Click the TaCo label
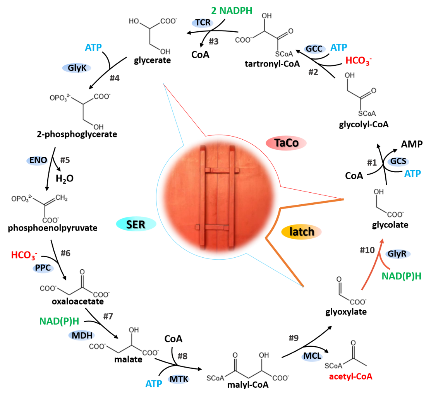[286, 143]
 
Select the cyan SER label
[136, 224]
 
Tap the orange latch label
[302, 232]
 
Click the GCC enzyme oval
[314, 49]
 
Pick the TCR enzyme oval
[203, 23]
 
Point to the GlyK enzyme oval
[77, 68]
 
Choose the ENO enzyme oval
[38, 160]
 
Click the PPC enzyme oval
[43, 268]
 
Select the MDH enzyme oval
[82, 335]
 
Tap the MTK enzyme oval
[179, 379]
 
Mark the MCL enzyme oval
[312, 356]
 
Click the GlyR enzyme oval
[398, 254]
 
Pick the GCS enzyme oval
[398, 161]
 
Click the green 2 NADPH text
[232, 11]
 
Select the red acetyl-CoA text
[350, 376]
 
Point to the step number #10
[367, 250]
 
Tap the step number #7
[108, 317]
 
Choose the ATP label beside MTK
[154, 384]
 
